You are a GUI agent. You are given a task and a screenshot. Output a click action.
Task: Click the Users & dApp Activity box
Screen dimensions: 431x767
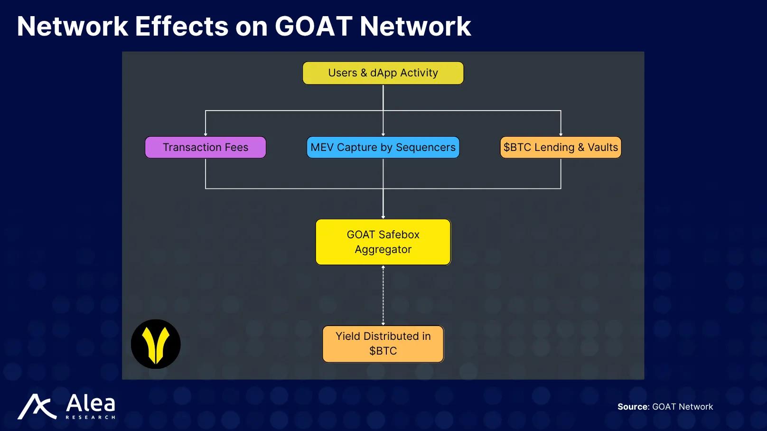click(383, 73)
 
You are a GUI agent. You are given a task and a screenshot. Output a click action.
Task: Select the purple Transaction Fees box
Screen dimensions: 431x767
click(205, 147)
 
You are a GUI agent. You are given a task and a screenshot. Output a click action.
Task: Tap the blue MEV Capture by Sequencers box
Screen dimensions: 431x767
click(383, 147)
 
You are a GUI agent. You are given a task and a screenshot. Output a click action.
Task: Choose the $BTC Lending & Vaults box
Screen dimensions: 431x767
click(561, 147)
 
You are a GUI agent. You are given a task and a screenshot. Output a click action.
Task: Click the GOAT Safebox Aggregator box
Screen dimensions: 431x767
click(383, 242)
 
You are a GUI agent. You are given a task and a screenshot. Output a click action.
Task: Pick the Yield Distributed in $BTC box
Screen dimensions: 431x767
click(383, 344)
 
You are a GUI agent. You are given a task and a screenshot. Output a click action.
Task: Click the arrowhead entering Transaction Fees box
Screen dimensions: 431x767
click(206, 134)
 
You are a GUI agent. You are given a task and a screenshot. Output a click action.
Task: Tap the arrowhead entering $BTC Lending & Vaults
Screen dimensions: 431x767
click(561, 134)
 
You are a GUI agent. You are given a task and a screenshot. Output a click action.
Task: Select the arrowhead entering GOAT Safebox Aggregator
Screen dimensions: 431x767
click(383, 217)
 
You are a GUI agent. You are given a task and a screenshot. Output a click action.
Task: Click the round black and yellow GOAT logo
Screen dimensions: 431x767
click(156, 344)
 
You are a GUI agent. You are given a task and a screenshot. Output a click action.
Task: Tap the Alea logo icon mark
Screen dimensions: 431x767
click(37, 407)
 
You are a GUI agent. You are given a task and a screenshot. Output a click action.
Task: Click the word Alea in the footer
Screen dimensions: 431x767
click(90, 403)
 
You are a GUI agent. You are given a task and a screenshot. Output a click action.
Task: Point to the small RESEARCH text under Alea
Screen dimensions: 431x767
click(90, 417)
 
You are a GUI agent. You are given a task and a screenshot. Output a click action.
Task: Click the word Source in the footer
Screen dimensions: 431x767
click(633, 407)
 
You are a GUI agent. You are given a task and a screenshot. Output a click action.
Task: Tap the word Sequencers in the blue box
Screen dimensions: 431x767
click(425, 147)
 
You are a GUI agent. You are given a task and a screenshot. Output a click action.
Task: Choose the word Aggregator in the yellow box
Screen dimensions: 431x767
click(383, 250)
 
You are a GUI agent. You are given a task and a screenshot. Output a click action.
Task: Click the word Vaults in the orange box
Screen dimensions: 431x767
click(603, 147)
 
